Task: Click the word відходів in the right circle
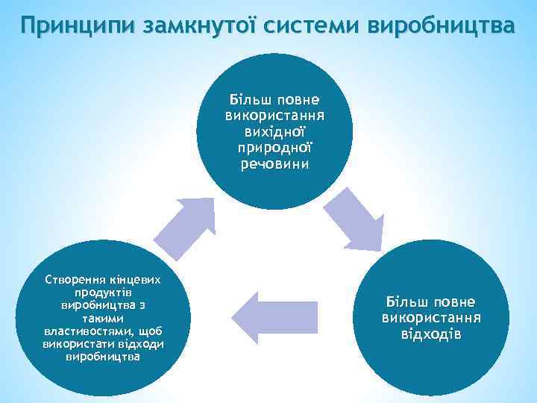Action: [431, 333]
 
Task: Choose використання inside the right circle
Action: [431, 318]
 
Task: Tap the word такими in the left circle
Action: [102, 318]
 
